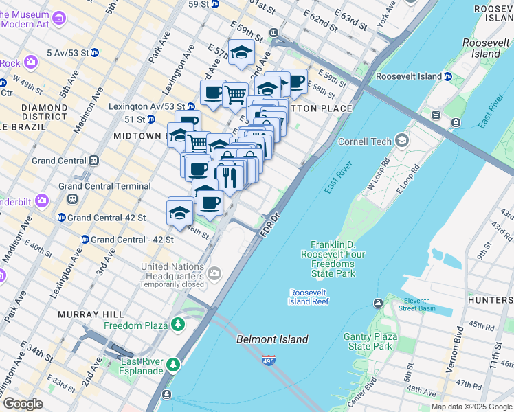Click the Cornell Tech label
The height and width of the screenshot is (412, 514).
click(x=364, y=141)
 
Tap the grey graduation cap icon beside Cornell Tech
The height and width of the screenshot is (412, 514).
click(x=401, y=141)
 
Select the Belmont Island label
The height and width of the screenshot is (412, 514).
click(x=272, y=339)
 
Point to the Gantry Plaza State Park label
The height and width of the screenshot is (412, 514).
click(x=372, y=341)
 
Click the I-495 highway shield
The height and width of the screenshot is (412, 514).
click(x=267, y=360)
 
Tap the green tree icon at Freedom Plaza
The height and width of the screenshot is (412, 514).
click(x=179, y=323)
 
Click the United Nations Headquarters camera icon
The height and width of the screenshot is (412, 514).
click(x=215, y=274)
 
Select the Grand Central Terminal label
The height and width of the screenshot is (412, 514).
click(x=104, y=186)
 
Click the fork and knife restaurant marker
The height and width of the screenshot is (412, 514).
click(x=227, y=176)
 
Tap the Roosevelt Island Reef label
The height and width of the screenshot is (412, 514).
click(x=309, y=297)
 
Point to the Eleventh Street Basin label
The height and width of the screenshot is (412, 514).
click(x=416, y=304)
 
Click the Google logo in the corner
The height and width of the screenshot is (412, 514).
click(x=23, y=404)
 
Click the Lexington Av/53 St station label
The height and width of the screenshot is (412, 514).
click(x=147, y=106)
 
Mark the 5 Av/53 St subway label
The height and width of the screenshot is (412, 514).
click(x=67, y=52)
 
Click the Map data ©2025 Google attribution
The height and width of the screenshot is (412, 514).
click(x=471, y=407)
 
